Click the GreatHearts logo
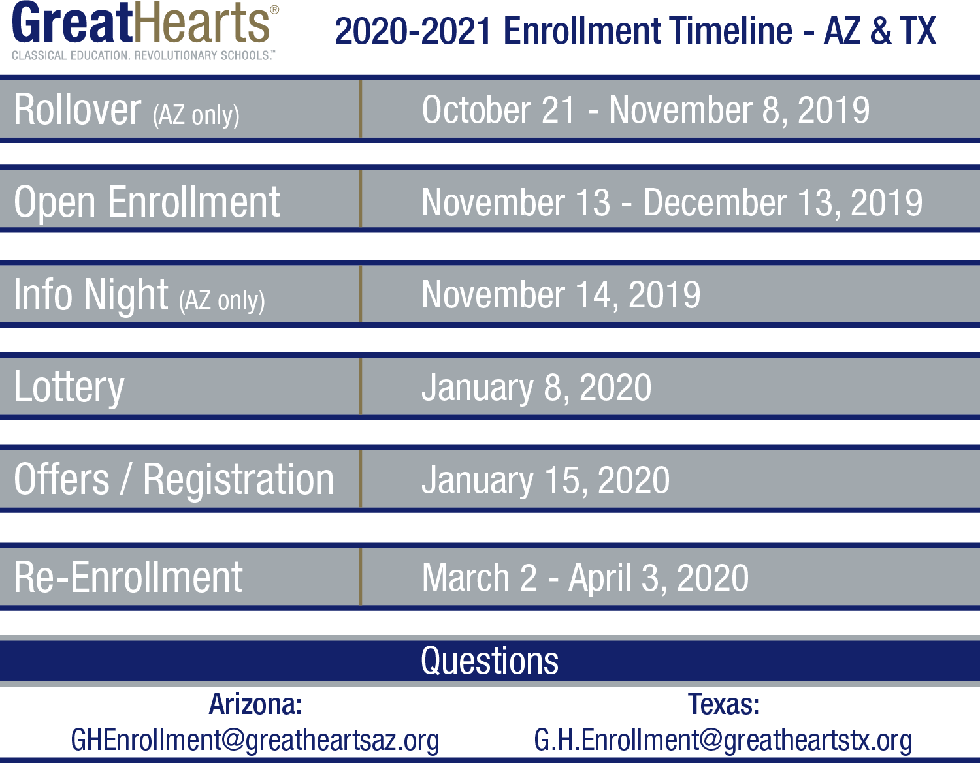click(x=145, y=30)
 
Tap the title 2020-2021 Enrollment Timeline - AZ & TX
click(x=635, y=31)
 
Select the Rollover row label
click(x=126, y=110)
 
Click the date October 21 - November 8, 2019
click(x=645, y=110)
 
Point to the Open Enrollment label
click(x=146, y=202)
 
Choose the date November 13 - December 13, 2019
click(x=672, y=203)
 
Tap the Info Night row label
click(x=139, y=296)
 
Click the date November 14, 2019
click(x=561, y=294)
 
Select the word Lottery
click(x=69, y=387)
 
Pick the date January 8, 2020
click(x=536, y=387)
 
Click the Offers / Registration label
click(x=174, y=480)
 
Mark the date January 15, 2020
click(x=546, y=480)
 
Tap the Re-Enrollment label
click(x=128, y=578)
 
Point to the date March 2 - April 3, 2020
click(x=585, y=578)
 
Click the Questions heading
click(x=490, y=661)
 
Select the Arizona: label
click(x=255, y=704)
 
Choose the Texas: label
click(x=723, y=704)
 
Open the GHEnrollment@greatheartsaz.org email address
click(x=255, y=740)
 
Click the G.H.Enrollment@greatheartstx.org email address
click(x=723, y=740)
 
